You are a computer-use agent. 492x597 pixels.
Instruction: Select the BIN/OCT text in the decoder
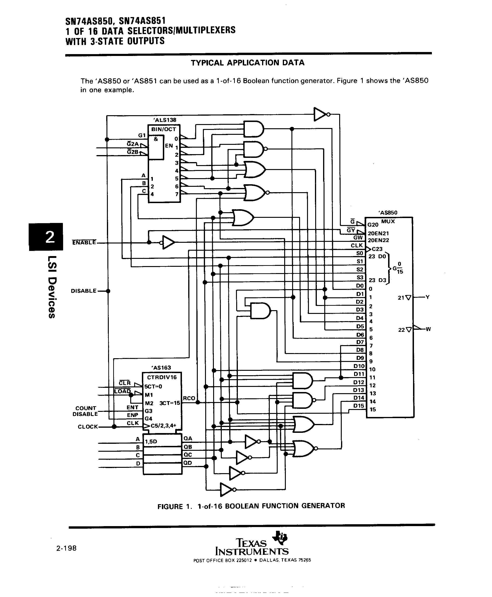click(x=164, y=129)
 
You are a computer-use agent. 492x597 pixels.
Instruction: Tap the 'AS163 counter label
click(x=161, y=368)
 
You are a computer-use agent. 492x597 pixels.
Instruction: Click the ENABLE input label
click(x=84, y=243)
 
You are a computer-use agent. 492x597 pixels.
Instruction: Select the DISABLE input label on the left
click(x=84, y=291)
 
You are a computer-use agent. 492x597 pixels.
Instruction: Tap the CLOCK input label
click(x=88, y=427)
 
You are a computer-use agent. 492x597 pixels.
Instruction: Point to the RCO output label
click(x=189, y=398)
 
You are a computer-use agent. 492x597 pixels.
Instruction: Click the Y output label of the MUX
click(x=427, y=297)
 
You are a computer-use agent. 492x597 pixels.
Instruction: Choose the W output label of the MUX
click(x=428, y=329)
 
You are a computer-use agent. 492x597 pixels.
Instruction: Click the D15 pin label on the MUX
click(x=359, y=406)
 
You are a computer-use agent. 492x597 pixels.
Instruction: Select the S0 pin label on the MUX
click(x=360, y=253)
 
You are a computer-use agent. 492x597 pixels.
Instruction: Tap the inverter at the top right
click(x=320, y=114)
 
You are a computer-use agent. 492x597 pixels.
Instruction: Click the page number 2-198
click(x=66, y=548)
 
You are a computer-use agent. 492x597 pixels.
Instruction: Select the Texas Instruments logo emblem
click(x=280, y=538)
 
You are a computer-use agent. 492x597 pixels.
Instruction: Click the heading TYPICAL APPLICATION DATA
click(x=247, y=63)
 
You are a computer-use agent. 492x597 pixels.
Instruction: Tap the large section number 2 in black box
click(x=46, y=237)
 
